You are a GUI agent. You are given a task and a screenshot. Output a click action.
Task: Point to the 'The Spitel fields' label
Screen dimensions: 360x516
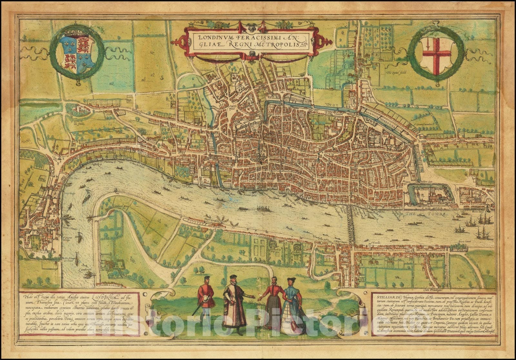pyautogui.click(x=395, y=73)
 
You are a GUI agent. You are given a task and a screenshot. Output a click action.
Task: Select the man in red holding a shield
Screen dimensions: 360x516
pyautogui.click(x=206, y=298)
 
